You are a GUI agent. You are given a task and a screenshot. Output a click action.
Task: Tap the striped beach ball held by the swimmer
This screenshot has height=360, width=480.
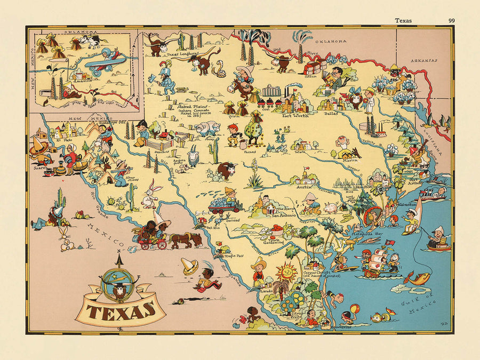[354, 308]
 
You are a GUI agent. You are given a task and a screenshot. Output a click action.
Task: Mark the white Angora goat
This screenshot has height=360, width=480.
[193, 157]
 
